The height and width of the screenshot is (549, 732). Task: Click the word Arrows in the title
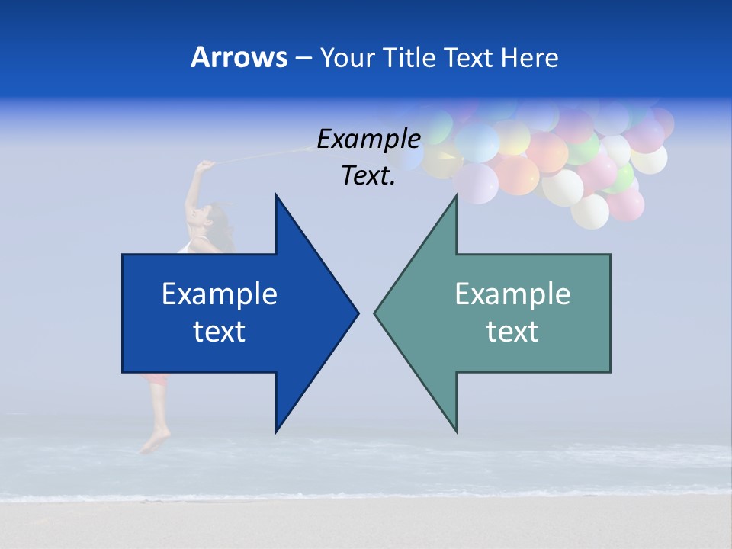239,57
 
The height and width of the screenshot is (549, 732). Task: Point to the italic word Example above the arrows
369,139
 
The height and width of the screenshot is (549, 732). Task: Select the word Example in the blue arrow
220,294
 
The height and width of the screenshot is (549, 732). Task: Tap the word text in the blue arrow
220,331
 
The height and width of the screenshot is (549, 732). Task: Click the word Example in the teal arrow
512,294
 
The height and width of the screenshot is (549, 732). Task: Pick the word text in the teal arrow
512,331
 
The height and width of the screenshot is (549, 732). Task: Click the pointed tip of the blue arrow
357,313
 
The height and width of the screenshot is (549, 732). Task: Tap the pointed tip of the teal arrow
375,313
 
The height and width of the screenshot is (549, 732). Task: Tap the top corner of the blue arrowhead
276,196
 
